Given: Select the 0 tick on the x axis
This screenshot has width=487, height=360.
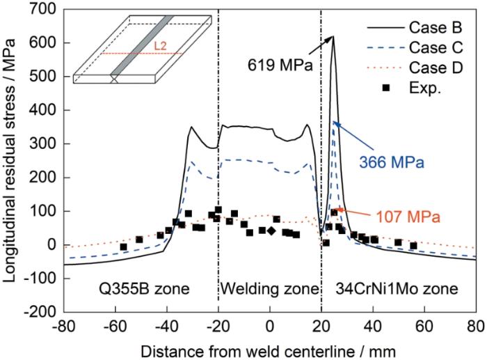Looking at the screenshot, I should click(270, 324).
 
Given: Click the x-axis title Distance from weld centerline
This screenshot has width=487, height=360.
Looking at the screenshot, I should click(269, 347).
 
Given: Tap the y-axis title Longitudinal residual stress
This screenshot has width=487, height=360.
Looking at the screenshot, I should click(11, 160).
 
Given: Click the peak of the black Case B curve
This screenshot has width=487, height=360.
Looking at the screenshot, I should click(333, 37).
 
